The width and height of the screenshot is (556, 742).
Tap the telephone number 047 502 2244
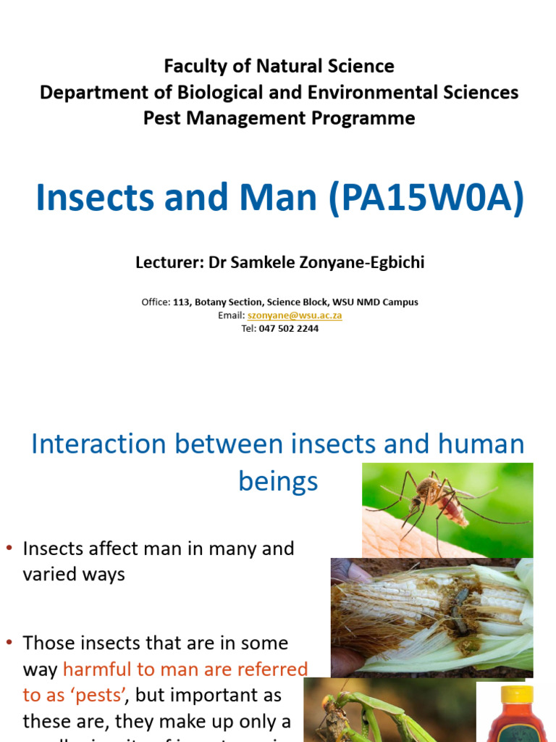coord(289,328)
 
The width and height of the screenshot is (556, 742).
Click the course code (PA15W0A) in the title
coord(426,198)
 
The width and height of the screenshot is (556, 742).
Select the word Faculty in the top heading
coord(191,66)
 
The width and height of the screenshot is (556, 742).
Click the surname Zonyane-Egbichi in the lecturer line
coord(353,262)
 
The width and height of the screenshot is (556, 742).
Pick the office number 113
coord(181,302)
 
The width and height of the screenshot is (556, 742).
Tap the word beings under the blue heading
coord(278,481)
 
